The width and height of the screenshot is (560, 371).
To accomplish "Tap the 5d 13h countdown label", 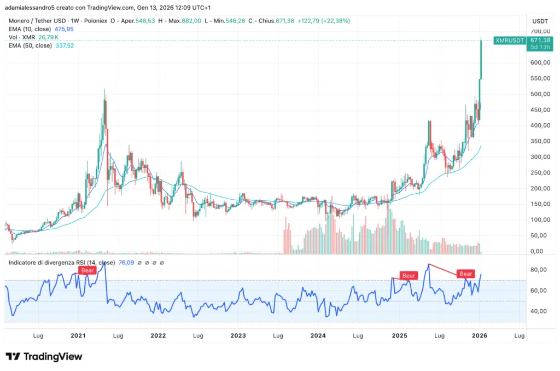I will [x=539, y=48].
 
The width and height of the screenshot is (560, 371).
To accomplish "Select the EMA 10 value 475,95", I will [x=66, y=29].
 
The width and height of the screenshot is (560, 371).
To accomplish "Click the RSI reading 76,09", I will [x=127, y=263].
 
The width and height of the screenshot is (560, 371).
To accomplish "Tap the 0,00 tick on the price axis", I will [x=541, y=252].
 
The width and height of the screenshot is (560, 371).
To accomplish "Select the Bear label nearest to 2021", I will [x=87, y=270].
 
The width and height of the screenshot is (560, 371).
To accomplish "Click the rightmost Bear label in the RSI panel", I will [x=465, y=274].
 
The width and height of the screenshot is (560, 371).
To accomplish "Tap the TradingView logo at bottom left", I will [x=44, y=357].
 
